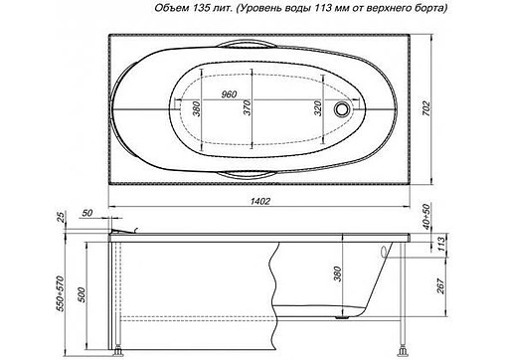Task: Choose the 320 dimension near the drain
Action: point(319,110)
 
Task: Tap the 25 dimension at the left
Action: point(59,218)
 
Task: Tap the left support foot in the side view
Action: point(119,350)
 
